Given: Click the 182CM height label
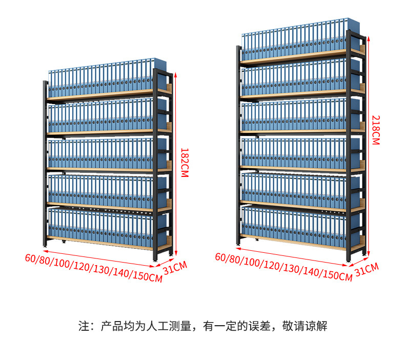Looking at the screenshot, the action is pyautogui.click(x=185, y=163).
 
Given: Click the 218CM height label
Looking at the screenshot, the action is pyautogui.click(x=375, y=130).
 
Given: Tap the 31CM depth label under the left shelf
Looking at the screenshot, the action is pyautogui.click(x=175, y=267).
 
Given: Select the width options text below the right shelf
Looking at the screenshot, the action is pyautogui.click(x=283, y=266).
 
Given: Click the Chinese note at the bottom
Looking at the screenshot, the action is pyautogui.click(x=202, y=326).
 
